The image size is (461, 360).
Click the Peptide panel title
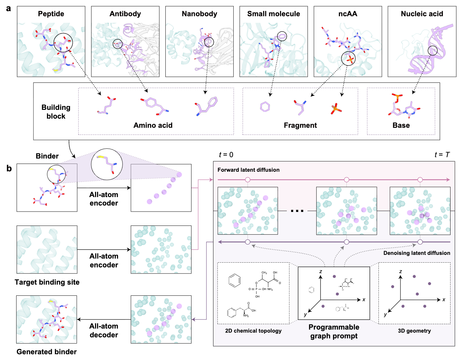(x=51, y=14)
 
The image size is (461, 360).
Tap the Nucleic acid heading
(x=422, y=14)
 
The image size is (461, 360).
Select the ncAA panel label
(x=348, y=14)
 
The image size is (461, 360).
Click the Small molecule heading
(x=273, y=14)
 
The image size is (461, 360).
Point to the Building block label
(x=56, y=112)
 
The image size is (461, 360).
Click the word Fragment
(x=300, y=125)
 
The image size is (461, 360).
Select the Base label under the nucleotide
(x=401, y=125)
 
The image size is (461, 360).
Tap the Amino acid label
(x=153, y=125)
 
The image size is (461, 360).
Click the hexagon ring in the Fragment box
(x=265, y=107)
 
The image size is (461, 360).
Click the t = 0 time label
(x=226, y=155)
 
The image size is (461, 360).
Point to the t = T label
(x=442, y=155)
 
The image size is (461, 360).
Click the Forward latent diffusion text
(x=248, y=170)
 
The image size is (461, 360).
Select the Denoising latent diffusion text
(x=416, y=253)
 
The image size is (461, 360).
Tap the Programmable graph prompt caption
(x=334, y=331)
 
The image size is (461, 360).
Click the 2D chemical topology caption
(x=253, y=331)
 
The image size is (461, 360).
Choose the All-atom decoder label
(x=103, y=330)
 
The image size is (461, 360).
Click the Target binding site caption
(x=47, y=282)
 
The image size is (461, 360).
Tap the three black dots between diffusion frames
(x=297, y=211)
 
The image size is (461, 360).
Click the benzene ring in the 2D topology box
(x=235, y=280)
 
